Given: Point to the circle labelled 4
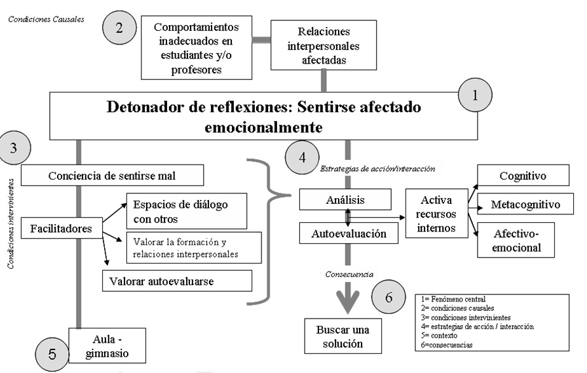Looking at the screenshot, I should [x=302, y=157].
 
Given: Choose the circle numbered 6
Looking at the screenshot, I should [x=388, y=297].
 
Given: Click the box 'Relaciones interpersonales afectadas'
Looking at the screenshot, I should [x=324, y=45].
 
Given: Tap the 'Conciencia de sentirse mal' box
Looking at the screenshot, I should [x=112, y=175].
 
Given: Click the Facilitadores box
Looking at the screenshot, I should [x=61, y=229].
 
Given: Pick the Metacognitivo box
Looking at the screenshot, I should [x=525, y=205].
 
